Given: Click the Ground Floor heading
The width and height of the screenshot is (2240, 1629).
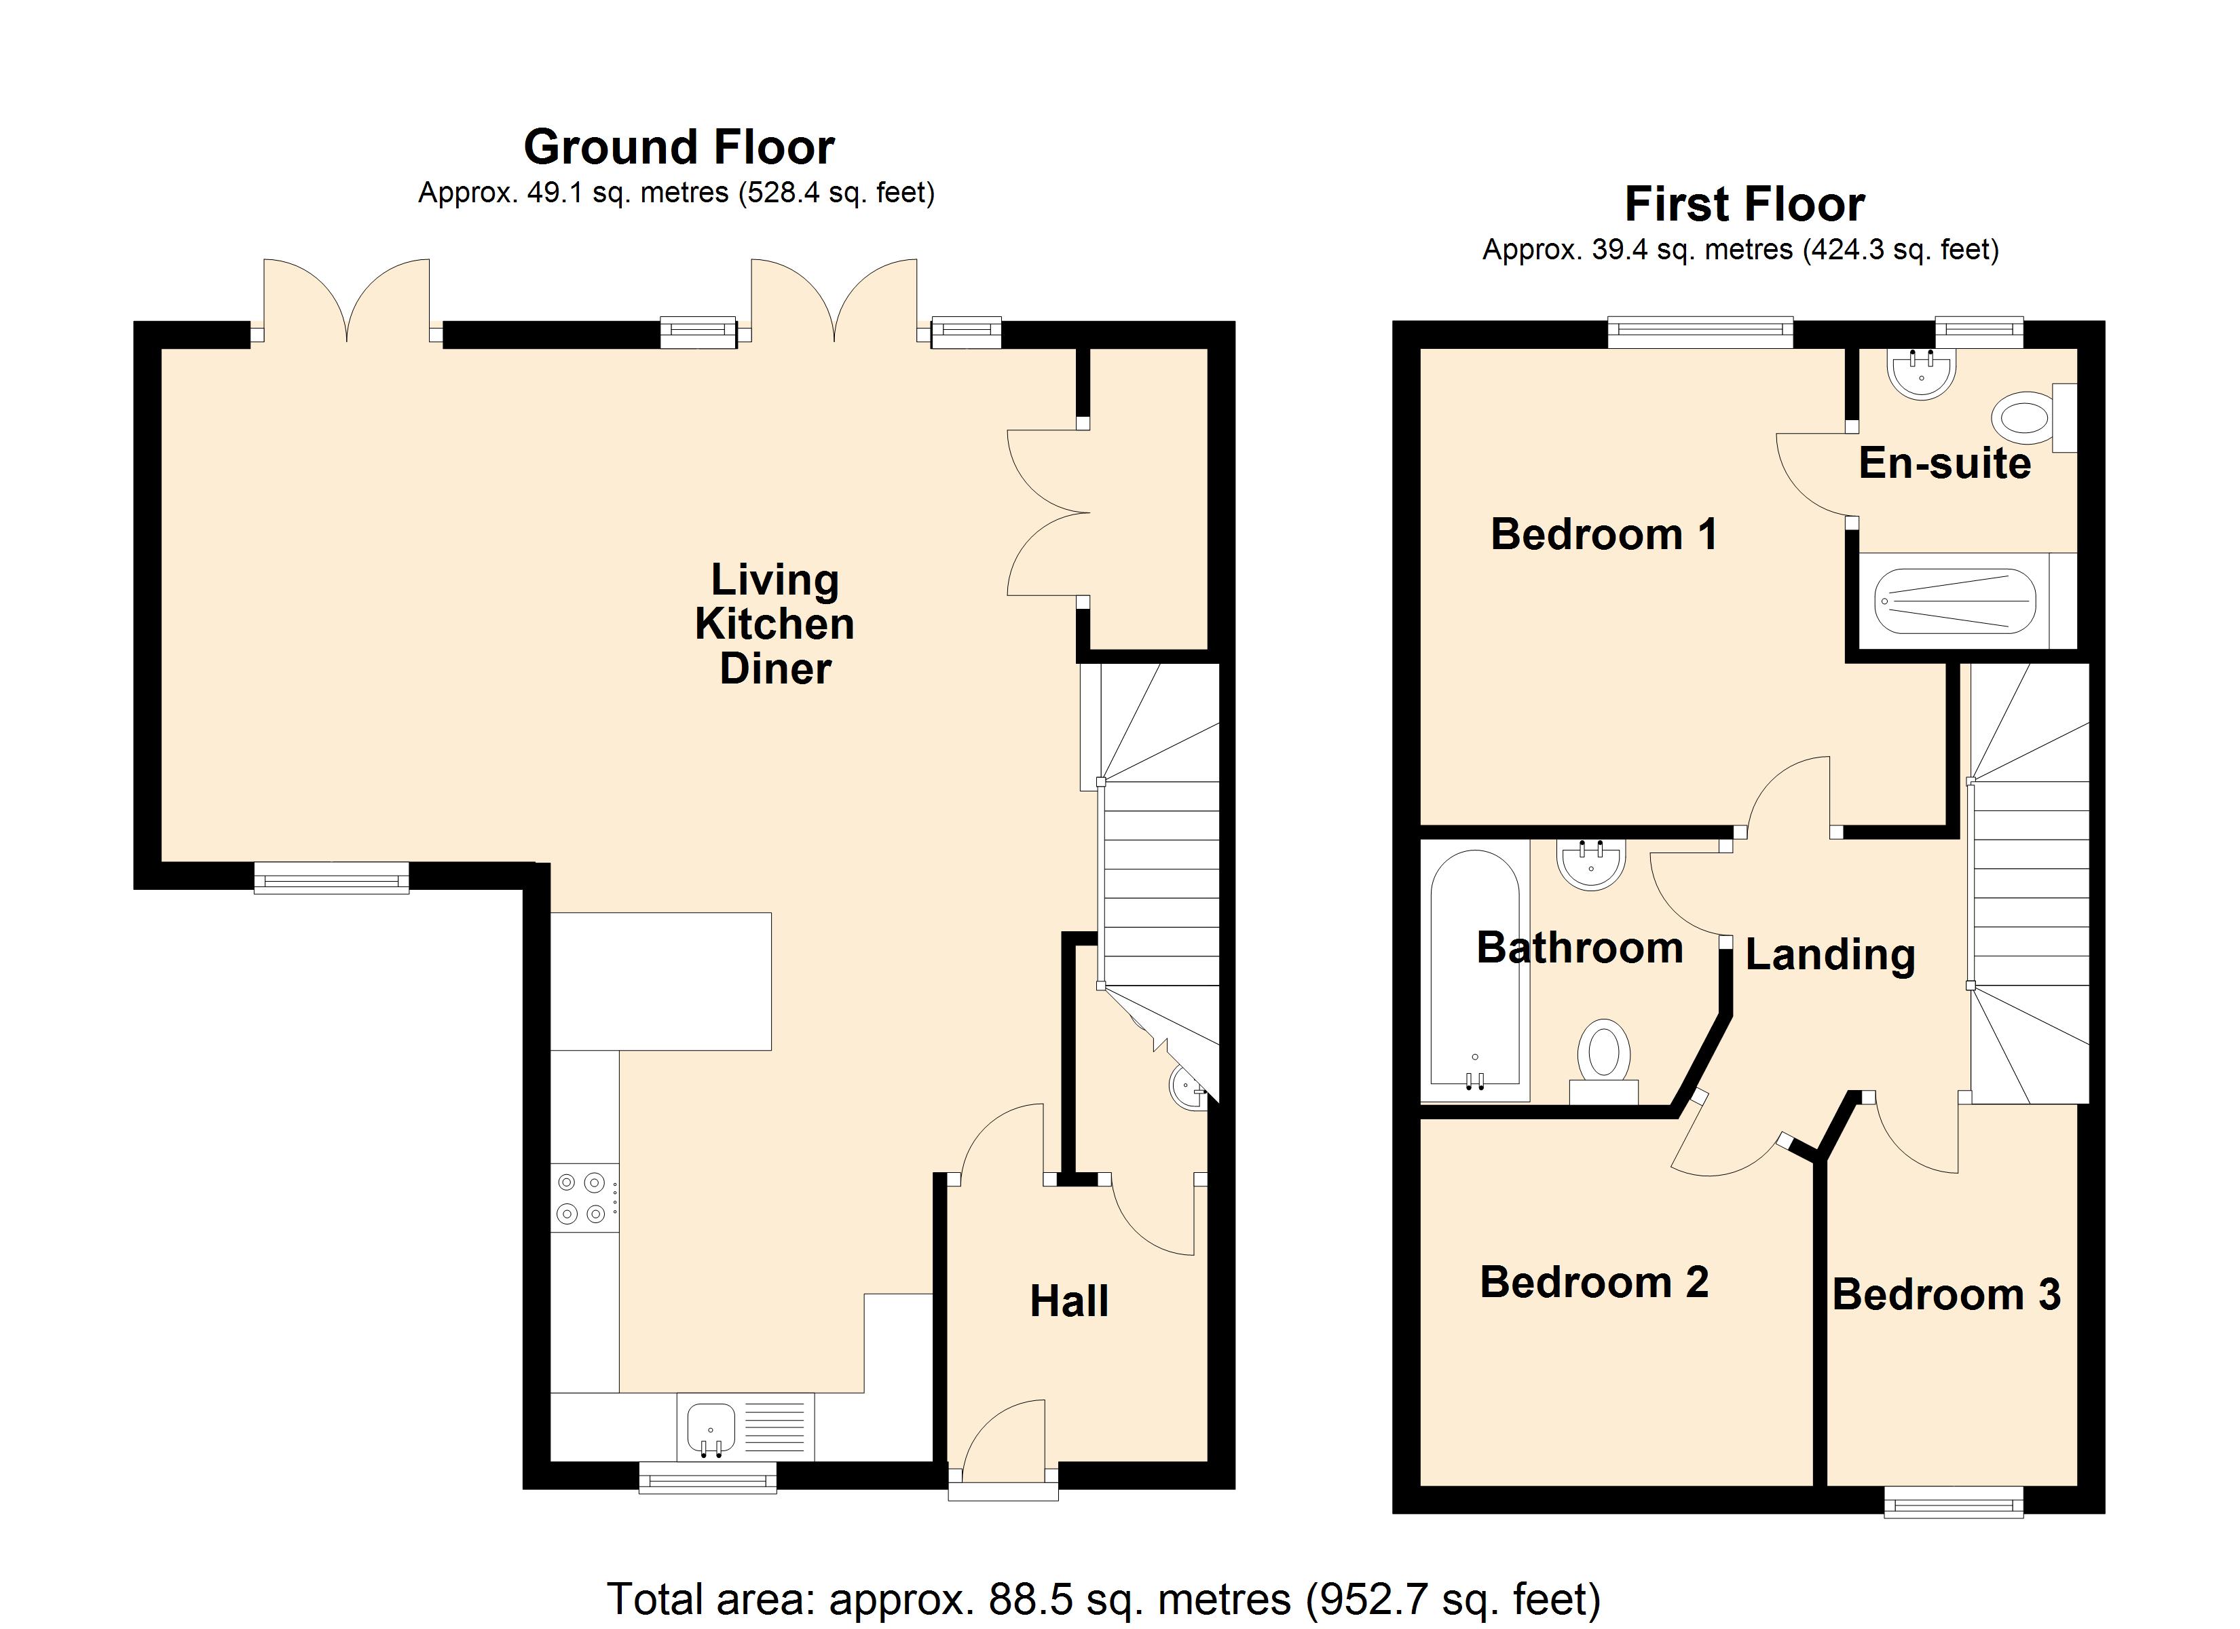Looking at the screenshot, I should pyautogui.click(x=679, y=147).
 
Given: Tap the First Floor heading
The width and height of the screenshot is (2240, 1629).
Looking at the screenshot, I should pyautogui.click(x=1744, y=204).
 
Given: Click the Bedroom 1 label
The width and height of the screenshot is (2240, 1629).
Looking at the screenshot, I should pyautogui.click(x=1603, y=534).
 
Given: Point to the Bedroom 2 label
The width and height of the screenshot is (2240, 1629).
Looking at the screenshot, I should pyautogui.click(x=1593, y=1282).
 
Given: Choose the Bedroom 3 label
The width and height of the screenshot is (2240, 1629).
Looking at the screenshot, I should pyautogui.click(x=1945, y=1294).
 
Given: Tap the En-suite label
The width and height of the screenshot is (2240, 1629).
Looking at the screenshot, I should pyautogui.click(x=1943, y=464).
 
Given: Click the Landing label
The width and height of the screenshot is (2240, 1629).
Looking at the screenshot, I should pyautogui.click(x=1830, y=954).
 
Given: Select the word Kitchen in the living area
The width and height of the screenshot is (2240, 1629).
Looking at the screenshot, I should pyautogui.click(x=774, y=624).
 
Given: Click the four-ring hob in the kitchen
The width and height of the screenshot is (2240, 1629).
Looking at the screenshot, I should pyautogui.click(x=582, y=1197).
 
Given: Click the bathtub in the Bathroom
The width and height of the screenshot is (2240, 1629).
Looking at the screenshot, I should pyautogui.click(x=1474, y=973).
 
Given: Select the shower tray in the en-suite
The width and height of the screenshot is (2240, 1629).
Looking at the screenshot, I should pyautogui.click(x=1954, y=601).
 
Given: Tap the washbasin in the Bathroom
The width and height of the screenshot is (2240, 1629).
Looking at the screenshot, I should pyautogui.click(x=1590, y=863).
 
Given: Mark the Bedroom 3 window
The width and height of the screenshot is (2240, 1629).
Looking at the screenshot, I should pyautogui.click(x=1953, y=1503).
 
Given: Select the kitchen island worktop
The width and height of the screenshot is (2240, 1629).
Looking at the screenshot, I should pyautogui.click(x=660, y=981).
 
